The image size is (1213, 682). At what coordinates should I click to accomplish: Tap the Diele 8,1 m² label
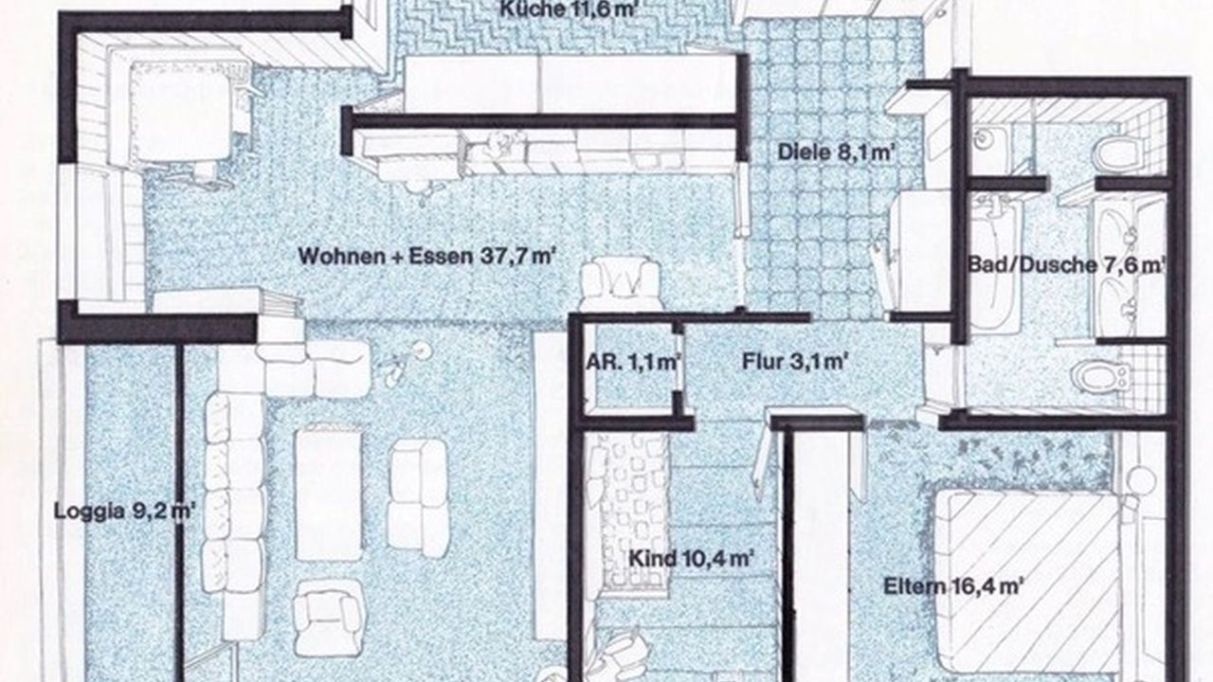[x=835, y=153]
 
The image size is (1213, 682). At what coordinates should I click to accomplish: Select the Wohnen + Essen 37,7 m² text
[x=427, y=256]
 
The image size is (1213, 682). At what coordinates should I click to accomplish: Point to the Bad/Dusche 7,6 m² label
[x=1066, y=265]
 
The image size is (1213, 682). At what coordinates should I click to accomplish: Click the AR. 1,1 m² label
[x=633, y=362]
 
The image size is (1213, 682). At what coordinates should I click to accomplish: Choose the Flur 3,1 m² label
[x=793, y=361]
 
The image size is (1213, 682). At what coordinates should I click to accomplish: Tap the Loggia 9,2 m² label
[x=124, y=511]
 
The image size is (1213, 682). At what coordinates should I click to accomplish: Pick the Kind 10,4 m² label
[x=692, y=558]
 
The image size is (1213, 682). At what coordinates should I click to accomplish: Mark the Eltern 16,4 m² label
[x=952, y=585]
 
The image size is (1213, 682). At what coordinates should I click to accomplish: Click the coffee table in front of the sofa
[x=329, y=493]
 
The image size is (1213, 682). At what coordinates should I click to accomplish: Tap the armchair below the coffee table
[x=328, y=616]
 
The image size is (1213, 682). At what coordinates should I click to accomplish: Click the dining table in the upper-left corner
[x=181, y=111]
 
